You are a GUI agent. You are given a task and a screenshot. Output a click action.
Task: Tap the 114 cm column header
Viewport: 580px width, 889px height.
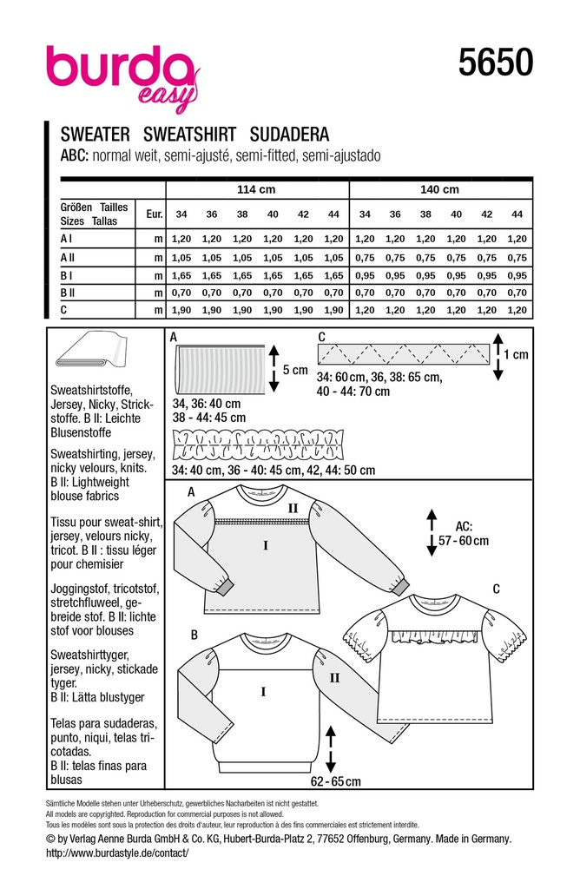click(x=256, y=190)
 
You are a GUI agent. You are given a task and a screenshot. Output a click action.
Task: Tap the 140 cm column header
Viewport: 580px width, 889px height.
click(x=439, y=190)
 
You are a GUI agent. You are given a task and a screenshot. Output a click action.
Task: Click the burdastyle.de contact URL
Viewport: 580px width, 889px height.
click(x=116, y=853)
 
